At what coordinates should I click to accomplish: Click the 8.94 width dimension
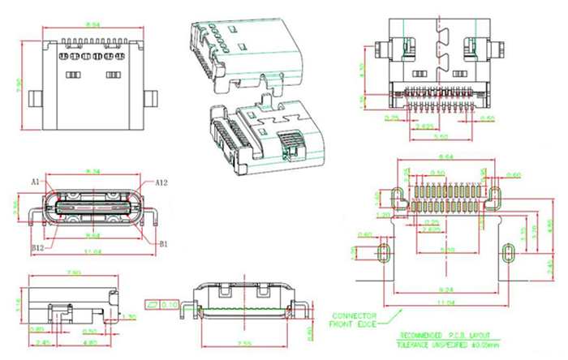tap(94, 25)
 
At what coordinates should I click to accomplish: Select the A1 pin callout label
tap(37, 180)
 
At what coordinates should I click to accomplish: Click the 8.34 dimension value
tap(94, 172)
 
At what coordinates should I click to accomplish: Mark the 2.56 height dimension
tap(15, 209)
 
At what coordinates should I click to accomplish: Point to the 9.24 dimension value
tap(446, 289)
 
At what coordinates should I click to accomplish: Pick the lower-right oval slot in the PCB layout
tap(508, 252)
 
